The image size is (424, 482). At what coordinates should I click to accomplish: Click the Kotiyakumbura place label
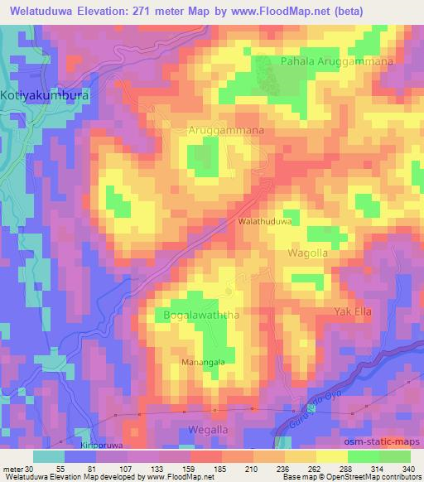[x=45, y=95]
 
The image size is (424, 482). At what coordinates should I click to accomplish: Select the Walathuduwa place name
[x=266, y=223]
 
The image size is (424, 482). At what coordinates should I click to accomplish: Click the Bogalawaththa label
[x=192, y=315]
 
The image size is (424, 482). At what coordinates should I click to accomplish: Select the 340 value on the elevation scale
[x=406, y=468]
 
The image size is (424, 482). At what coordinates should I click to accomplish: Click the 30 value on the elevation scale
[x=30, y=468]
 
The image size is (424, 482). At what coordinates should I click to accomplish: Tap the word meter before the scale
[x=11, y=468]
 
